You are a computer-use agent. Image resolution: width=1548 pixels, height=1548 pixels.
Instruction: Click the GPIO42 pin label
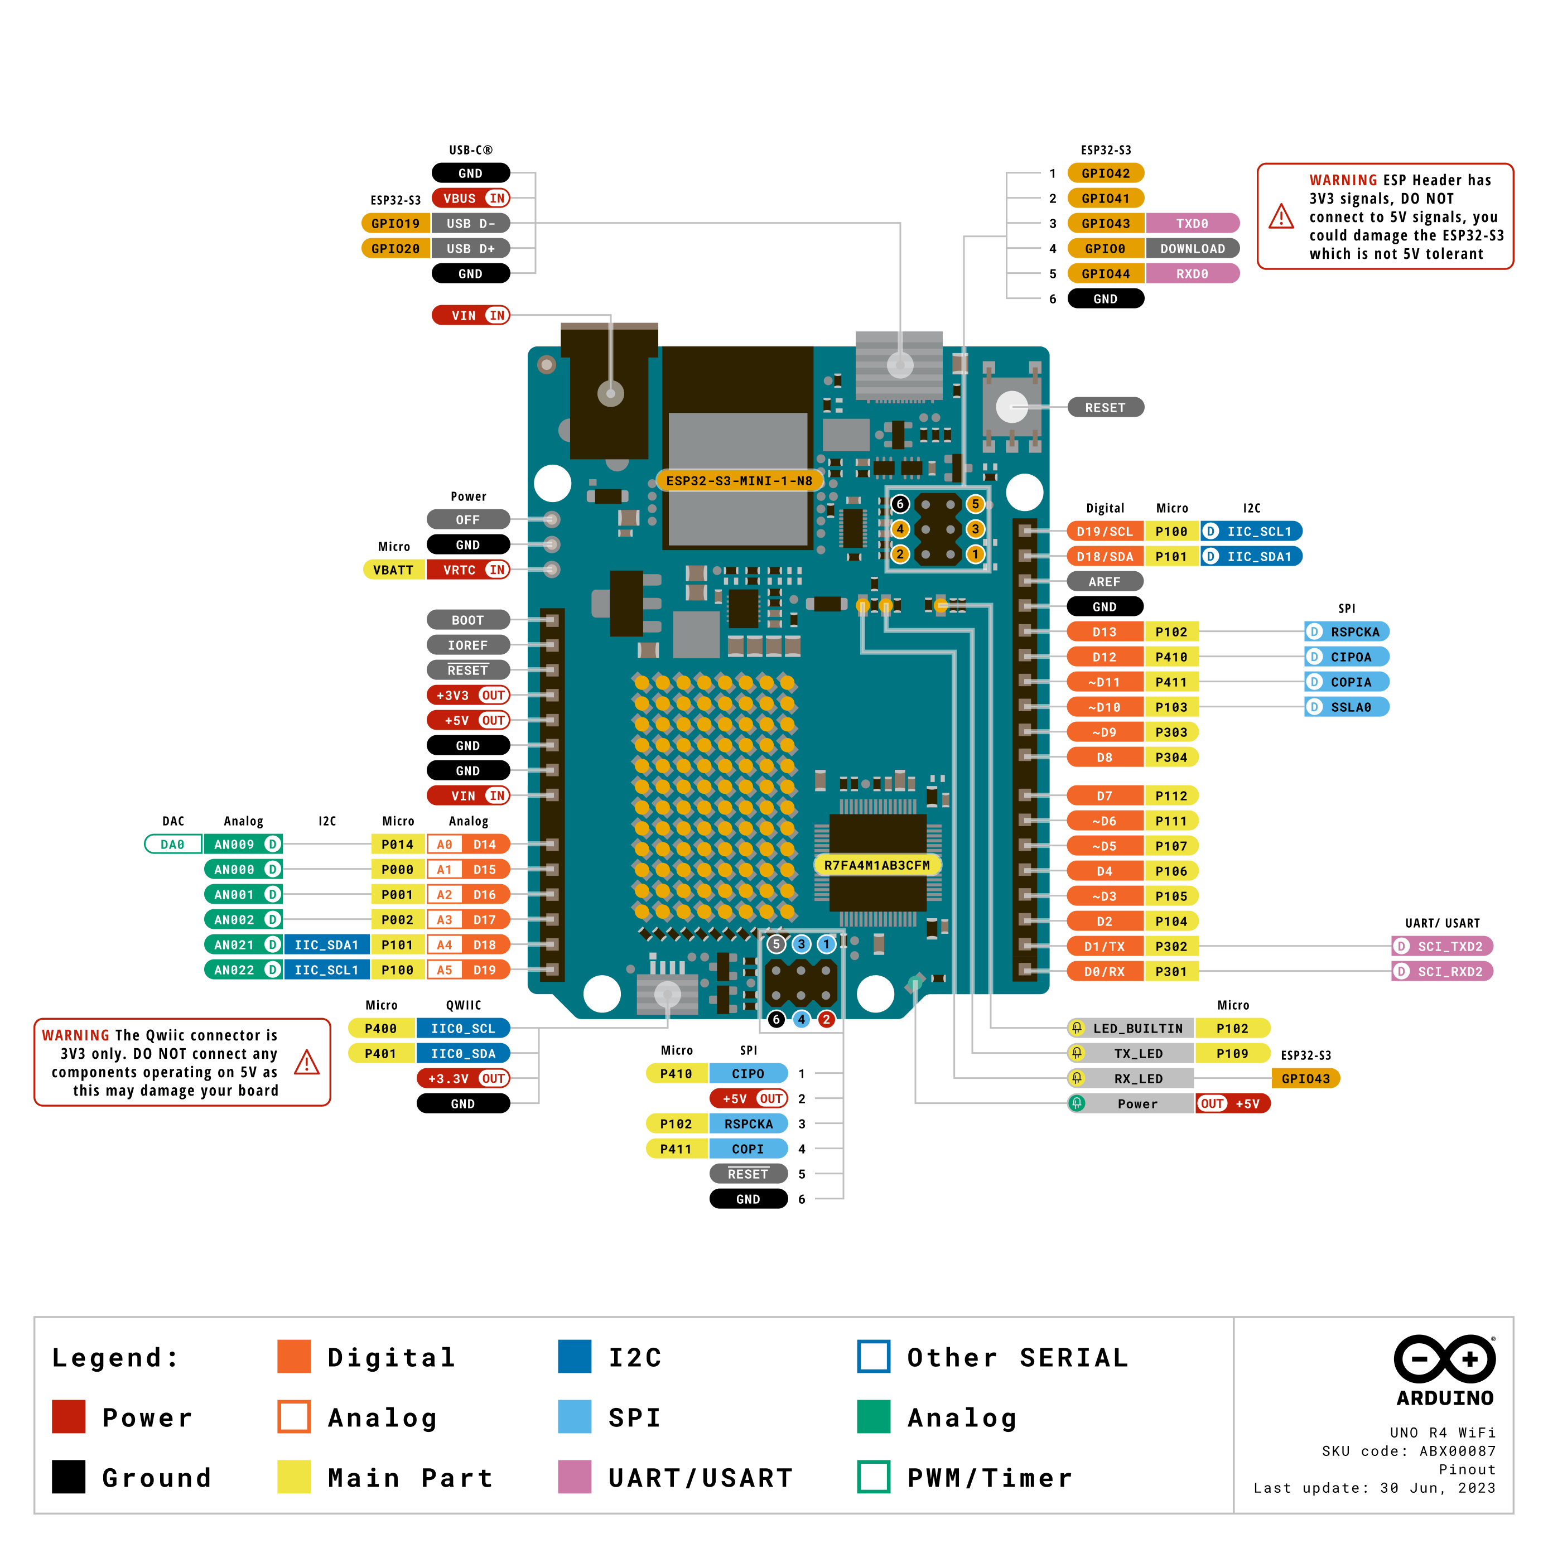(x=1105, y=173)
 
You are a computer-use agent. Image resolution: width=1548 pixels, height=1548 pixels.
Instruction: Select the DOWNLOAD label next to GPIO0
(x=1192, y=248)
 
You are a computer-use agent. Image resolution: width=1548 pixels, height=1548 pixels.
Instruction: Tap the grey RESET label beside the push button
(x=1105, y=408)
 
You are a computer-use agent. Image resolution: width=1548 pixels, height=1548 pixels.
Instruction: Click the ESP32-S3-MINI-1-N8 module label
(x=739, y=481)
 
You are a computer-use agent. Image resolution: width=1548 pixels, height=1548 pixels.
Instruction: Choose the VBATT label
(x=393, y=570)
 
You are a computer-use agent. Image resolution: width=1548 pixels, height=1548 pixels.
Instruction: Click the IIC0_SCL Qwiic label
(x=463, y=1029)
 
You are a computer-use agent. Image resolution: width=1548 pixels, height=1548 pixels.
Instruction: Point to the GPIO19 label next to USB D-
(x=395, y=224)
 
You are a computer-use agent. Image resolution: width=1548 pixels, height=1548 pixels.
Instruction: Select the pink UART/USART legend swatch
(x=575, y=1477)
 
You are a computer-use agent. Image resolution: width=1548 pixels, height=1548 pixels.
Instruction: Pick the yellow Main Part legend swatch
(x=293, y=1477)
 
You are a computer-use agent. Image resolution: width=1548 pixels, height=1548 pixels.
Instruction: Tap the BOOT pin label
(x=468, y=620)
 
